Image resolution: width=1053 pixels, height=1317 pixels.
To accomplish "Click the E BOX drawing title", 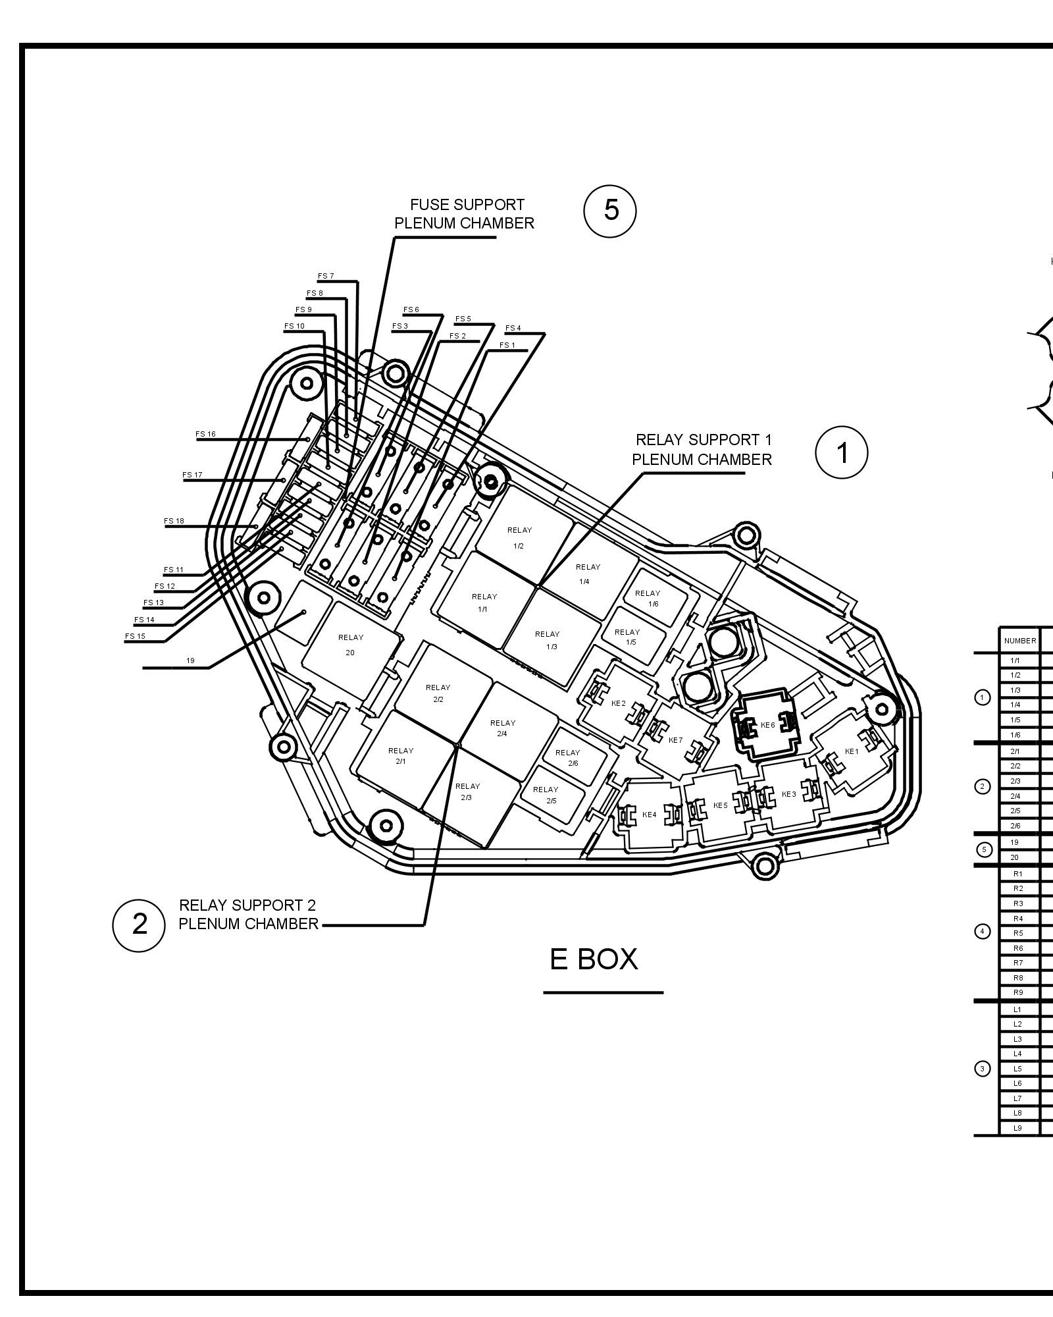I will point(594,959).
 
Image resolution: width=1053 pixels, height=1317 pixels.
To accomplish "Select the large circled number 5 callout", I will point(611,210).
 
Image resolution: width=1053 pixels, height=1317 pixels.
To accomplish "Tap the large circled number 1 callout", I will point(842,453).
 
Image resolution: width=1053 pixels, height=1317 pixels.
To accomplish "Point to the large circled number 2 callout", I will point(140,924).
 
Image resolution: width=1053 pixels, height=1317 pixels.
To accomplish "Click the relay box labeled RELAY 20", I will point(351,645).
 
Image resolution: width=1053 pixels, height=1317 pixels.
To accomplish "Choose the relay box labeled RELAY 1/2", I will point(519,537).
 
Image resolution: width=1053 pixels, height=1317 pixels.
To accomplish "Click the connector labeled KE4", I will point(649,815).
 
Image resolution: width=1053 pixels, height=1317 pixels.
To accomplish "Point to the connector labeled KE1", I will point(852,751).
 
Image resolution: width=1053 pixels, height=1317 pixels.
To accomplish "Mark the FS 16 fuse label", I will point(205,435).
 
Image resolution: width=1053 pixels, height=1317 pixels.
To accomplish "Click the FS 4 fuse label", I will point(513,328).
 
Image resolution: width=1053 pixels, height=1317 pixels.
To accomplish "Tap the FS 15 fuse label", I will point(135,636).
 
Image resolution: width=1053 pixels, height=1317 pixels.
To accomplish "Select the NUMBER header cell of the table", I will point(1019,641).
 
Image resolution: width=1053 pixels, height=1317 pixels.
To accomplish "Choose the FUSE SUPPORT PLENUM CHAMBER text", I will point(465,214).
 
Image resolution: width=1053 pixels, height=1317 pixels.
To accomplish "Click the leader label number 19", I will point(190,660).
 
